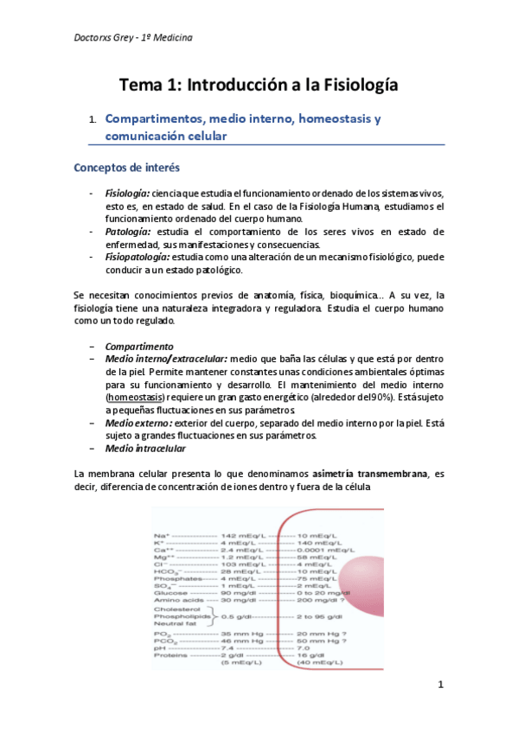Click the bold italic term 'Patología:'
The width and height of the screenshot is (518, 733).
[128, 232]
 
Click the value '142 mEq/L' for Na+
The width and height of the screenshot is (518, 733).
[241, 536]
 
